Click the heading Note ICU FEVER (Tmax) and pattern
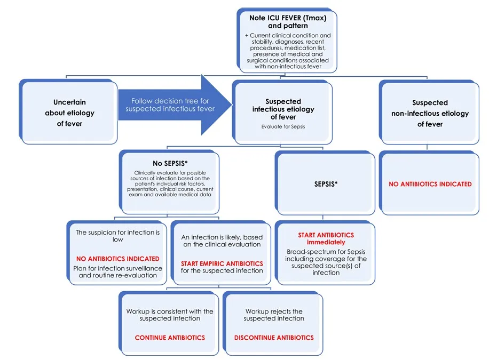click(x=288, y=21)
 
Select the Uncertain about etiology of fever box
click(x=68, y=113)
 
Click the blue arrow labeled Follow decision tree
click(x=175, y=105)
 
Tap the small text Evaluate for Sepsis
click(x=283, y=126)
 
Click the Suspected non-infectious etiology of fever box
click(x=430, y=113)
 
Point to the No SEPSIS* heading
click(x=170, y=163)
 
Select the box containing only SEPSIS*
click(x=325, y=183)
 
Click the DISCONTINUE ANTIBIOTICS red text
click(x=274, y=338)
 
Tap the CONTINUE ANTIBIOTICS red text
click(x=170, y=338)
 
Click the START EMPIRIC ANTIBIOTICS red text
click(x=222, y=263)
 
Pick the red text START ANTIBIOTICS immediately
click(x=326, y=238)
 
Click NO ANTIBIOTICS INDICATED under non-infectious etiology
click(x=430, y=184)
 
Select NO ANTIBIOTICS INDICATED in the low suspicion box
click(x=117, y=259)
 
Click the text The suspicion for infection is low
click(x=117, y=236)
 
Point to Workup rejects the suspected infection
click(x=274, y=315)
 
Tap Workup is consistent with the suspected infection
click(x=170, y=315)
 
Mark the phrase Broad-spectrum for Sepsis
click(x=326, y=252)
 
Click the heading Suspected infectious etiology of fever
click(x=283, y=109)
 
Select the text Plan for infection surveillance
click(x=117, y=268)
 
